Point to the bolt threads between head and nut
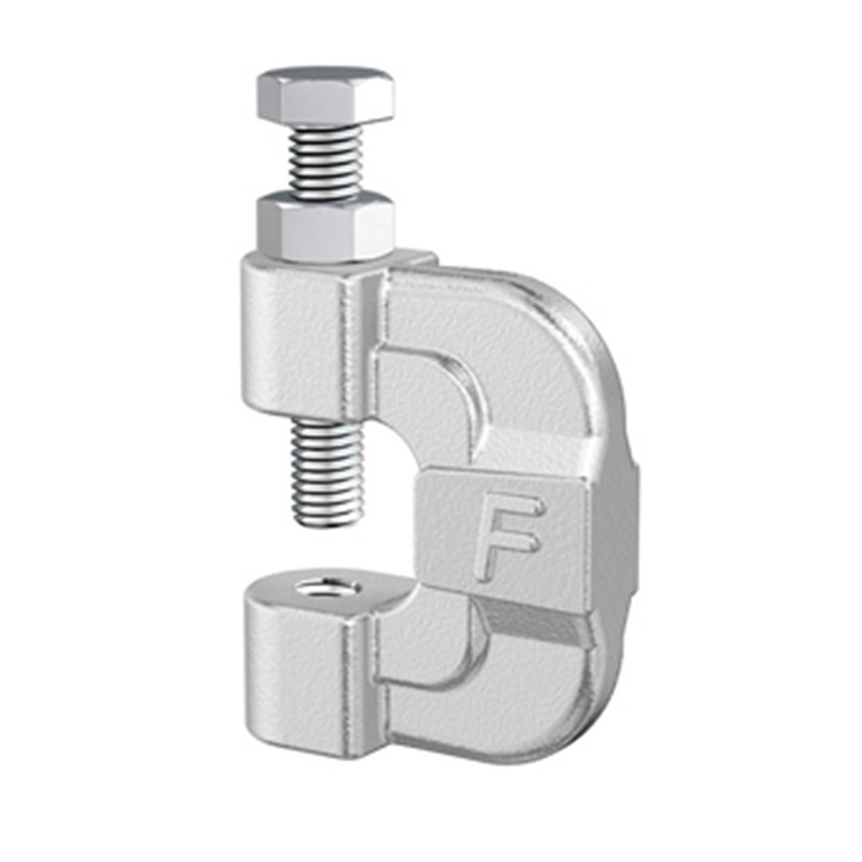[x=325, y=164]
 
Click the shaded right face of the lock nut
[x=377, y=231]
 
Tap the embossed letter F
[x=509, y=534]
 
